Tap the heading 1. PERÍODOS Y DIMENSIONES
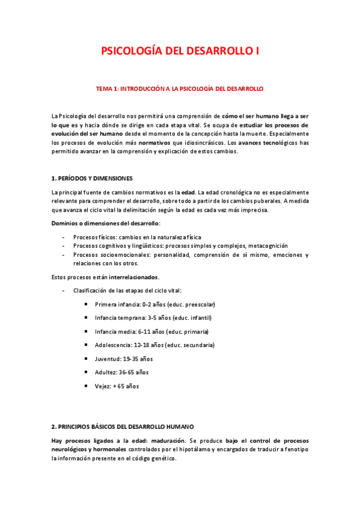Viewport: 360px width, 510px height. point(92,179)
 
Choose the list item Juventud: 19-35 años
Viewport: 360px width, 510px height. point(124,358)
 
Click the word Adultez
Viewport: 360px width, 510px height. point(106,372)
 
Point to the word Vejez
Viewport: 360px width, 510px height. point(103,386)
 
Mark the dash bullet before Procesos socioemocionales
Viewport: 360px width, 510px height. point(64,255)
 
